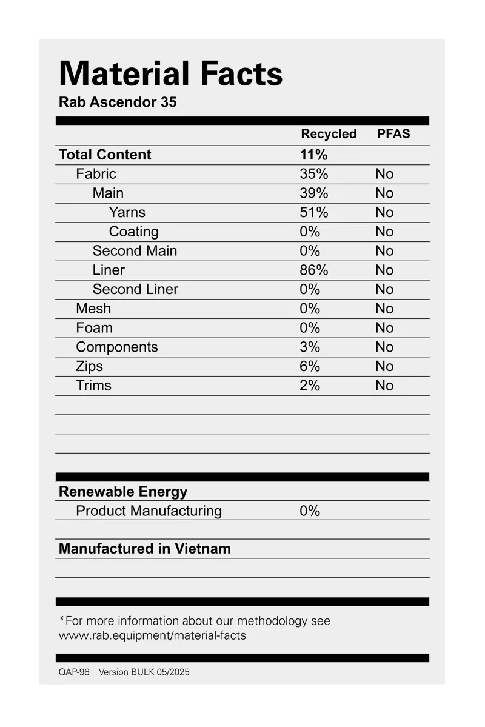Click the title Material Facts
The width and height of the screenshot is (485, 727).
click(170, 74)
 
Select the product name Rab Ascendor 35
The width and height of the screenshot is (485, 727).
click(118, 102)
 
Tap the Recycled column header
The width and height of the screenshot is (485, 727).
click(329, 134)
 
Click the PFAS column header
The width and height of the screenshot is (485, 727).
click(393, 134)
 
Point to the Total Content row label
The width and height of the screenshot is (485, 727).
click(105, 155)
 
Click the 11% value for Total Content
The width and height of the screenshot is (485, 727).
click(313, 155)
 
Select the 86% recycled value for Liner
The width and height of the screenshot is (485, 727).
click(313, 270)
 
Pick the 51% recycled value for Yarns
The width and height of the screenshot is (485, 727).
click(313, 212)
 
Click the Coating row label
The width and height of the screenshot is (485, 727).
click(133, 232)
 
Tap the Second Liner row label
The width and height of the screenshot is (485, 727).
click(135, 289)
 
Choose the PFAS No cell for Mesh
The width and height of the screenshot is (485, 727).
click(384, 309)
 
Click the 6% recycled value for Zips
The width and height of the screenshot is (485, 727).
click(310, 366)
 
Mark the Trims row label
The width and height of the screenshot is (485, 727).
click(93, 386)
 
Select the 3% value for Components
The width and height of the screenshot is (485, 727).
click(310, 347)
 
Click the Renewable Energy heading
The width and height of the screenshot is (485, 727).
click(123, 491)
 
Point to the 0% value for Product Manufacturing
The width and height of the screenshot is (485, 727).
click(310, 511)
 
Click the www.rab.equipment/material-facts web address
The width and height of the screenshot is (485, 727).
click(152, 635)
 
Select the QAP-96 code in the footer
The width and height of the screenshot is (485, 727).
click(74, 672)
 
